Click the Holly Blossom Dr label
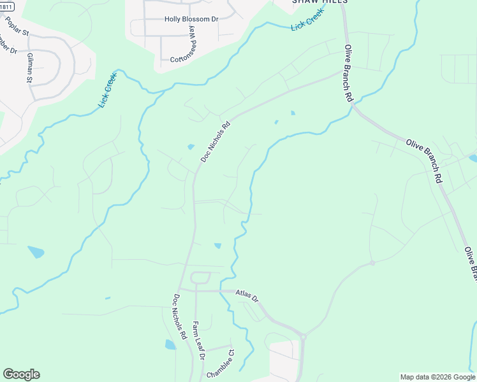coord(191,19)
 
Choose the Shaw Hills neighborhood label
coord(319,2)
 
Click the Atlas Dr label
coord(247,296)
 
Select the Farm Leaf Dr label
coord(198,341)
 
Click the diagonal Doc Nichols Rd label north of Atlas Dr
coord(216,141)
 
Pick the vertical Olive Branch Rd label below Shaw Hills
coord(349,73)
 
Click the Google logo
coord(21,374)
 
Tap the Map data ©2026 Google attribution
coord(437,377)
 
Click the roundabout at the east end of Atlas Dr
coord(304,336)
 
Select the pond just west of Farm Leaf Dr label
coord(170,344)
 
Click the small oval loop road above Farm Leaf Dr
coord(200,277)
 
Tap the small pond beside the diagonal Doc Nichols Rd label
coord(191,147)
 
